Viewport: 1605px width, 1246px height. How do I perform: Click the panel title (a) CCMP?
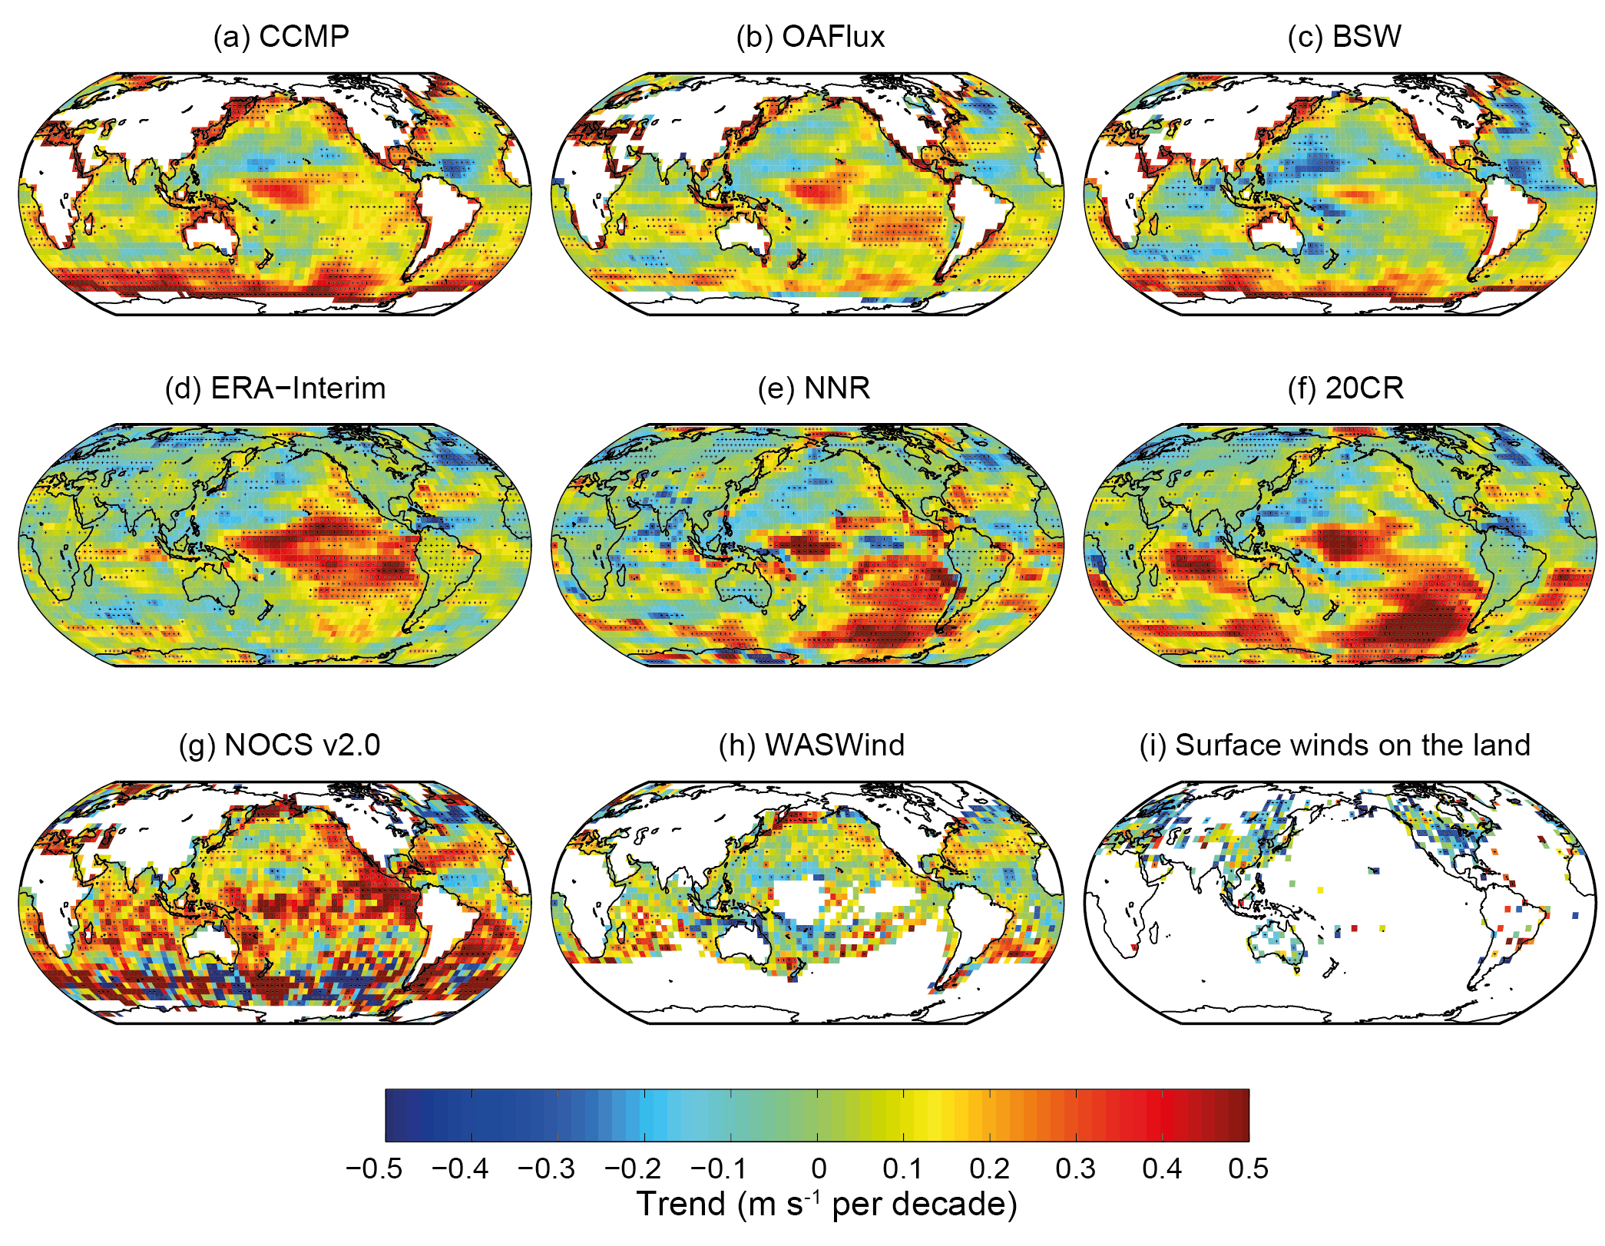(x=281, y=37)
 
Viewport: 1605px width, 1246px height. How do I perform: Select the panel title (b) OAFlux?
(x=810, y=37)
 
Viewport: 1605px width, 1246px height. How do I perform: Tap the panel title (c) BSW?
(x=1344, y=37)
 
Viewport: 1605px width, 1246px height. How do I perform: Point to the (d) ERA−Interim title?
(x=275, y=388)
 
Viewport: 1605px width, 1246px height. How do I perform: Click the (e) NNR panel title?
(x=813, y=388)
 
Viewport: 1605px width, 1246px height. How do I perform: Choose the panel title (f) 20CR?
(x=1345, y=388)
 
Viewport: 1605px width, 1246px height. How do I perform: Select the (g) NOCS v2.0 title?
(x=280, y=745)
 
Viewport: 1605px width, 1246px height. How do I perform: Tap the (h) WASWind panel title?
(x=812, y=745)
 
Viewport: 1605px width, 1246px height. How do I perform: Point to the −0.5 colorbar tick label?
(x=374, y=1168)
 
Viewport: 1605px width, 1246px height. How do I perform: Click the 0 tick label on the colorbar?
(x=819, y=1168)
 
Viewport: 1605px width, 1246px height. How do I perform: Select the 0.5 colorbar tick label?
(x=1248, y=1168)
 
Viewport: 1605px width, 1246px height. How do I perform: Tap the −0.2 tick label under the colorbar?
(x=633, y=1168)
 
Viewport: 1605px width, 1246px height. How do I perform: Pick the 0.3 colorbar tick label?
(x=1075, y=1168)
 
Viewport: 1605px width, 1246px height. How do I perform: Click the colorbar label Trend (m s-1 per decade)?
(x=826, y=1204)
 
